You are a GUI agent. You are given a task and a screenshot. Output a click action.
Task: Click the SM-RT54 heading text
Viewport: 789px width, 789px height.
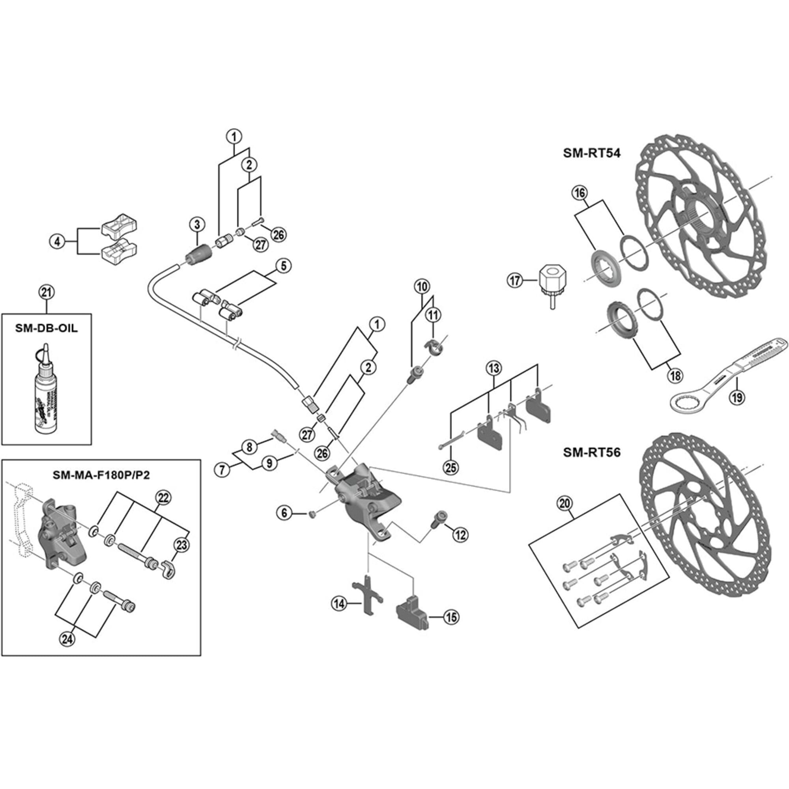(591, 153)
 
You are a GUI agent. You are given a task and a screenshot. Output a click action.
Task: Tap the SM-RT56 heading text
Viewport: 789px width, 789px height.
(591, 452)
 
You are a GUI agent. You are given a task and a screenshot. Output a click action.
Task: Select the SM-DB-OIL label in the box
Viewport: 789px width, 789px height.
(46, 328)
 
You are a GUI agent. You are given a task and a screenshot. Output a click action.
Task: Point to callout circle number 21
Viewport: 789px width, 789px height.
(46, 292)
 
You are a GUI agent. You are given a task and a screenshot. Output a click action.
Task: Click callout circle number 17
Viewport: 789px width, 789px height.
(516, 280)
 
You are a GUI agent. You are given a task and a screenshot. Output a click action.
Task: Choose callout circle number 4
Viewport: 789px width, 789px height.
(58, 242)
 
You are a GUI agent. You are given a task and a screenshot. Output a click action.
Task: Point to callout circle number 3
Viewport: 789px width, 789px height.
(197, 224)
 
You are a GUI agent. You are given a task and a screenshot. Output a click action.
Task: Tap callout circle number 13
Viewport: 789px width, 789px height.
(494, 368)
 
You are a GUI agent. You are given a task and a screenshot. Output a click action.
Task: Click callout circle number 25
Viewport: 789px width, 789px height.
(451, 467)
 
